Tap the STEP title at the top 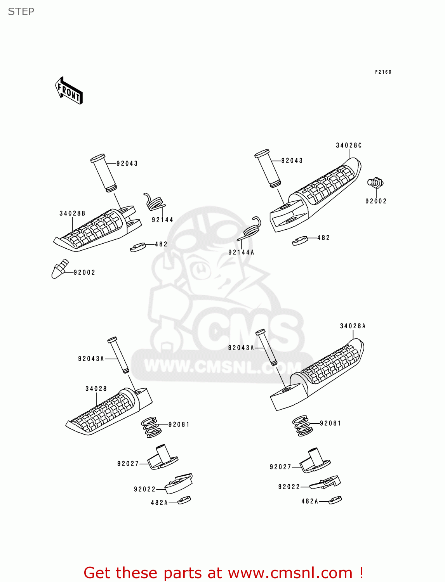[21, 12]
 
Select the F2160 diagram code [383, 72]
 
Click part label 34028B [72, 213]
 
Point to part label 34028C [349, 145]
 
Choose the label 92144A [241, 252]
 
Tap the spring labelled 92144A [252, 229]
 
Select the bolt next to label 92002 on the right [375, 182]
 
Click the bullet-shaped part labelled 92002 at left [59, 268]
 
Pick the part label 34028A [353, 326]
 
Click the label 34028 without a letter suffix [96, 389]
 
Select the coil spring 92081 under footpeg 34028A [302, 426]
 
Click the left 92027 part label [128, 464]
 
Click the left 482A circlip [184, 500]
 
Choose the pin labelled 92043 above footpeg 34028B [103, 173]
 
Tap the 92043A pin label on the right [241, 348]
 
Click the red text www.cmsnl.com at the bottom [290, 573]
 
